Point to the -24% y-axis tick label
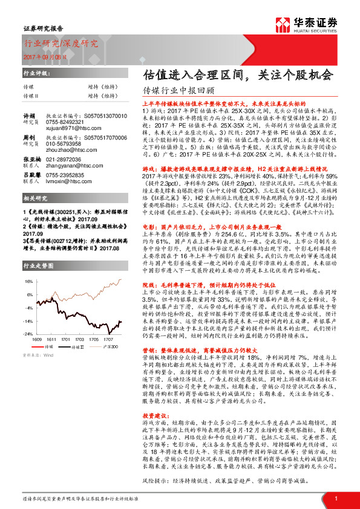tap(27, 334)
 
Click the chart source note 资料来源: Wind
tap(37, 357)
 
